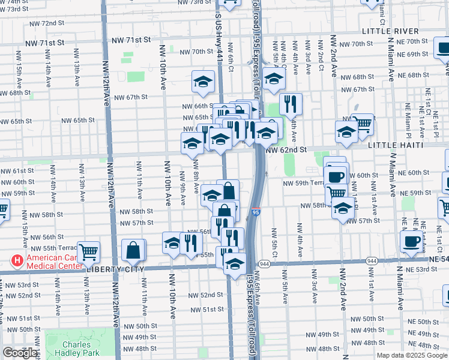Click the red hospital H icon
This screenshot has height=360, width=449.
[x=17, y=261]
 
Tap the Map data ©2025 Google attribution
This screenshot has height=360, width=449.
[x=411, y=355]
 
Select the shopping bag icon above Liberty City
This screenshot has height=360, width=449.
[x=134, y=250]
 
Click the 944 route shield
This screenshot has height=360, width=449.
[x=264, y=263]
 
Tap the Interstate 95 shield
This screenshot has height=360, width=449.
[x=256, y=211]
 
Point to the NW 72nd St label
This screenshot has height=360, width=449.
[x=48, y=23]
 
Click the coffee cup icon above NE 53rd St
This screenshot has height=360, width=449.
[x=412, y=242]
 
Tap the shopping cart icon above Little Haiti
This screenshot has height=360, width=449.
[x=363, y=124]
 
